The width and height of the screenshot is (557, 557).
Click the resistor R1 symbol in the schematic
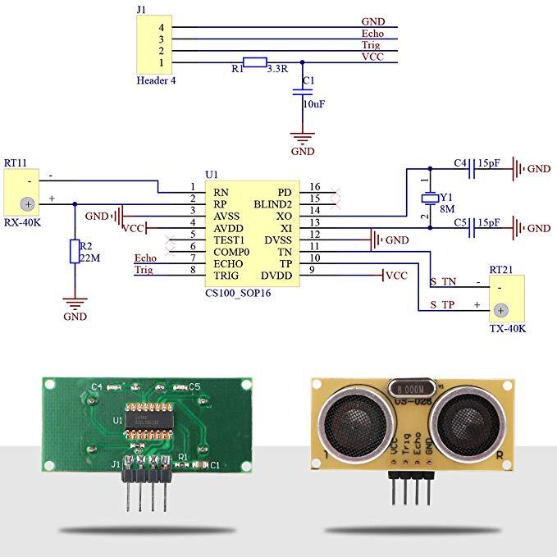pos(255,62)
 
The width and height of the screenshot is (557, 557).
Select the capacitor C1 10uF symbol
pos(303,94)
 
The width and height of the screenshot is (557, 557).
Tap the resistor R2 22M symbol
pos(75,252)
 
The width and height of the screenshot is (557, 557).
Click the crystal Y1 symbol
pos(427,199)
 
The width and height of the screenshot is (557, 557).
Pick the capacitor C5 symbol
pos(473,227)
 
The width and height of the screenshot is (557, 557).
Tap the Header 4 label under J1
pos(156,80)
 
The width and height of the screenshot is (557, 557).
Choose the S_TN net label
pos(443,281)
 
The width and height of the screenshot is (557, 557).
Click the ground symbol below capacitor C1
pos(303,137)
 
